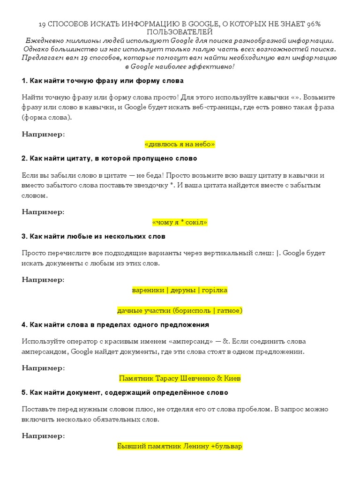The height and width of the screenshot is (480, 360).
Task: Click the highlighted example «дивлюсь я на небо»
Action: point(180,144)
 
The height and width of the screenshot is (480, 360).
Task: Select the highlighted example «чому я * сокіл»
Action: point(180,222)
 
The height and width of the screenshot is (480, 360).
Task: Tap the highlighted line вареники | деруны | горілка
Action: point(180,290)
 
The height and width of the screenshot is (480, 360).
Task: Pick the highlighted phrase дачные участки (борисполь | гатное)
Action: point(180,310)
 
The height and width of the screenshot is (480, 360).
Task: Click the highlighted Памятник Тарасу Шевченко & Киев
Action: point(180,378)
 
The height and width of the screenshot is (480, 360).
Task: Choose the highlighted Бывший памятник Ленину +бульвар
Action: point(180,446)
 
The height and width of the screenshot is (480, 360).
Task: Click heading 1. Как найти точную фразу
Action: point(103,81)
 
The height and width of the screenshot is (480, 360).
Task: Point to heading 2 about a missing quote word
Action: point(109,158)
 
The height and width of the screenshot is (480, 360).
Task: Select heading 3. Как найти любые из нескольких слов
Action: point(93,236)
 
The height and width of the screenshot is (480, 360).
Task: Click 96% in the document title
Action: point(314,24)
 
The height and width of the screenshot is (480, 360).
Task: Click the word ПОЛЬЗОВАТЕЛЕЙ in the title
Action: point(180,32)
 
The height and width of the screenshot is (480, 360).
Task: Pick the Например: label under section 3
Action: point(44,280)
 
